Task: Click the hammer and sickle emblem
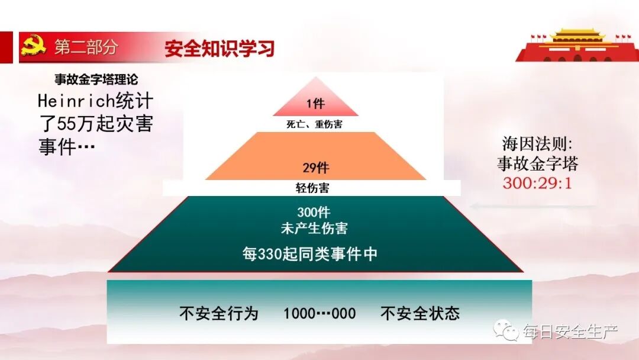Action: tap(33, 46)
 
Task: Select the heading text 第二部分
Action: tap(86, 47)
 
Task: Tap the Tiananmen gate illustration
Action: tap(576, 44)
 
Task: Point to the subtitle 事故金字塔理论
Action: tap(96, 80)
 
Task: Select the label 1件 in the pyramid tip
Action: tap(315, 104)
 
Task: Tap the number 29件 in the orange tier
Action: tap(315, 168)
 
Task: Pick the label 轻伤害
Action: tap(312, 188)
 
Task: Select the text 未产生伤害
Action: tap(314, 228)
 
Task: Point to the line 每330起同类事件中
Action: tap(310, 254)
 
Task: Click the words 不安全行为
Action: tap(219, 313)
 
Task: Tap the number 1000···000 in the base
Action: tap(319, 313)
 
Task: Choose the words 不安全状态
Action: tap(420, 313)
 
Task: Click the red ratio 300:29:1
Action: tap(537, 182)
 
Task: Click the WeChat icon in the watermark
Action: tap(507, 330)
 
